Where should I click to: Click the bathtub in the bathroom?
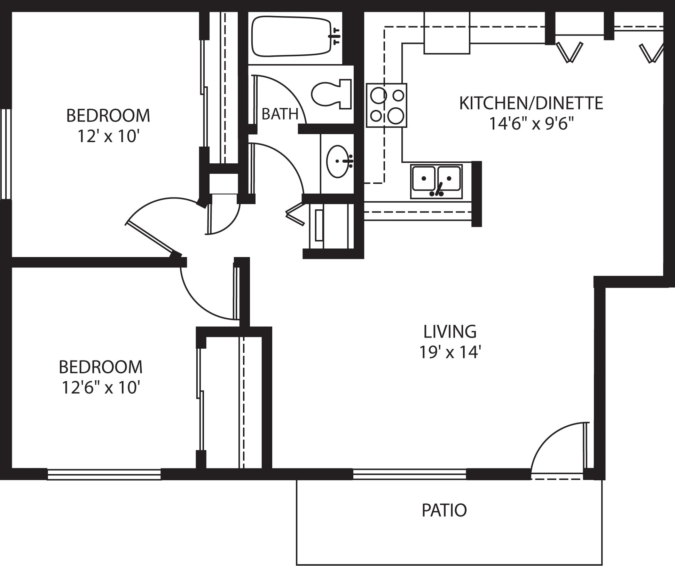(291, 37)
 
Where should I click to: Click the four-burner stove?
(386, 105)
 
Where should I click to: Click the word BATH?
(280, 114)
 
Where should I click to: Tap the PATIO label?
(444, 510)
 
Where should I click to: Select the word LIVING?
(450, 332)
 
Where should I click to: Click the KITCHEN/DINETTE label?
(531, 103)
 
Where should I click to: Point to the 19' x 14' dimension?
(450, 352)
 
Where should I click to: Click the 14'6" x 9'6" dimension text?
(531, 124)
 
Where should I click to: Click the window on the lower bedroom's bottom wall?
(104, 474)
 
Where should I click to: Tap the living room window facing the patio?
(409, 474)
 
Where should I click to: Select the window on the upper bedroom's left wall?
(6, 154)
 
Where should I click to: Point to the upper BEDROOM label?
(108, 116)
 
